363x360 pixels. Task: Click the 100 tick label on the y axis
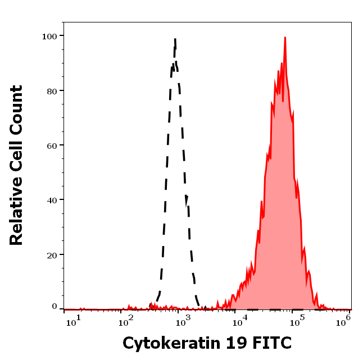coord(49,36)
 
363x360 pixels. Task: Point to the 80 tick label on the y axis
coord(52,90)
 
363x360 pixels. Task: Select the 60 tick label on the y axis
coord(52,145)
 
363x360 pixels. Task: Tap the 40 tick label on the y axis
coord(52,200)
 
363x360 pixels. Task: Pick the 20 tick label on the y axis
coord(52,255)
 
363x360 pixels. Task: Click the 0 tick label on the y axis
coord(55,307)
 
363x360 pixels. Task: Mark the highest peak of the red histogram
coord(285,38)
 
